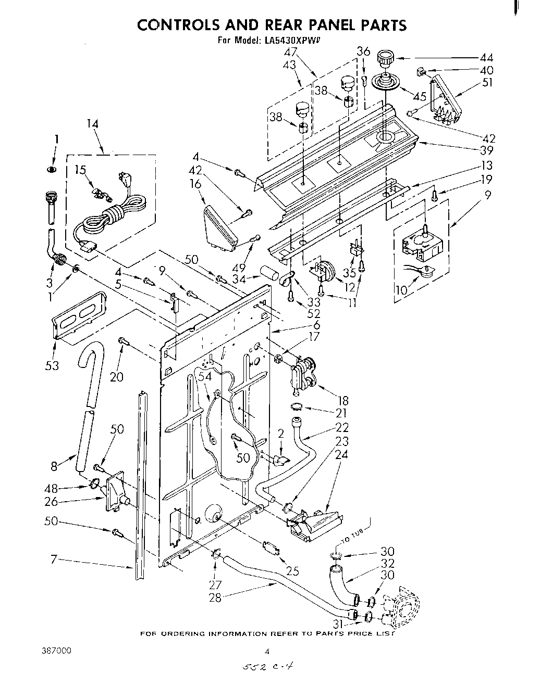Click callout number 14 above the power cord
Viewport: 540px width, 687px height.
(92, 124)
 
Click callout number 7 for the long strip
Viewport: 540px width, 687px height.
(53, 559)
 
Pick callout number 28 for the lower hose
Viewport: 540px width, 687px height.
(215, 597)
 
